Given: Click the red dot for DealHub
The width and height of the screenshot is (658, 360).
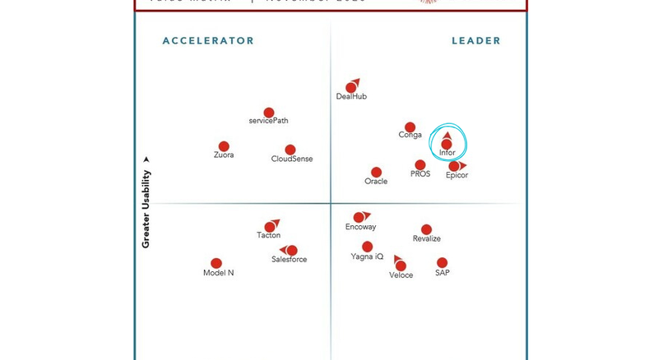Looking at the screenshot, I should click(351, 88).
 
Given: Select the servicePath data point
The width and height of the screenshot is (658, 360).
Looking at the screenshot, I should click(269, 113).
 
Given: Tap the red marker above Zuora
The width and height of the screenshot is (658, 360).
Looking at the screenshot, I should click(224, 146).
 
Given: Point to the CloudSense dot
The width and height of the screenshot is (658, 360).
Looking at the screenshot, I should click(290, 150).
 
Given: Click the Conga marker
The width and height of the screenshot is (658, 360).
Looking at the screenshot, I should click(410, 127).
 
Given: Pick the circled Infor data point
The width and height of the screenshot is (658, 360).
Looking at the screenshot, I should click(447, 145).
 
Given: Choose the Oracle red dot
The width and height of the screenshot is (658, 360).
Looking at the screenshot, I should click(376, 173).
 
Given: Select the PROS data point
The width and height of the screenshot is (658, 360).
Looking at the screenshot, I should click(420, 165).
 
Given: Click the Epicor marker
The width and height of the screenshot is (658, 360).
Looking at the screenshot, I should click(453, 167).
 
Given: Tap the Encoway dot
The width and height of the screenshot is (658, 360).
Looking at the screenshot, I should click(359, 218).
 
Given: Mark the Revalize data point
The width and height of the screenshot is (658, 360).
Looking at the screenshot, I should click(426, 230).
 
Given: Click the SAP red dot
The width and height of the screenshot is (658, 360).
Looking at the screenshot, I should click(443, 264).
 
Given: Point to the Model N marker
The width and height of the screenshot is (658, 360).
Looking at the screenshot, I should click(216, 264).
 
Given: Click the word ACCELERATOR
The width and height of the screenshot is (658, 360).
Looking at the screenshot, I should click(208, 41).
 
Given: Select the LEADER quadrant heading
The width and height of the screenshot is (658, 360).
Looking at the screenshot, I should click(476, 41).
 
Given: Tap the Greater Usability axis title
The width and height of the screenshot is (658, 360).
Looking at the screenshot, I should click(146, 209).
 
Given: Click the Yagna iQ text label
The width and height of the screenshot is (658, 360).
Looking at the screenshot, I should click(367, 256).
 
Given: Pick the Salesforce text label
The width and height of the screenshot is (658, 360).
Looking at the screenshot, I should click(290, 260).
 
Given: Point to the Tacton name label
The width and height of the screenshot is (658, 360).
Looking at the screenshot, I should click(269, 236).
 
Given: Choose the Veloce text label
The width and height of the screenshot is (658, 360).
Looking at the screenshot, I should click(401, 275).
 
